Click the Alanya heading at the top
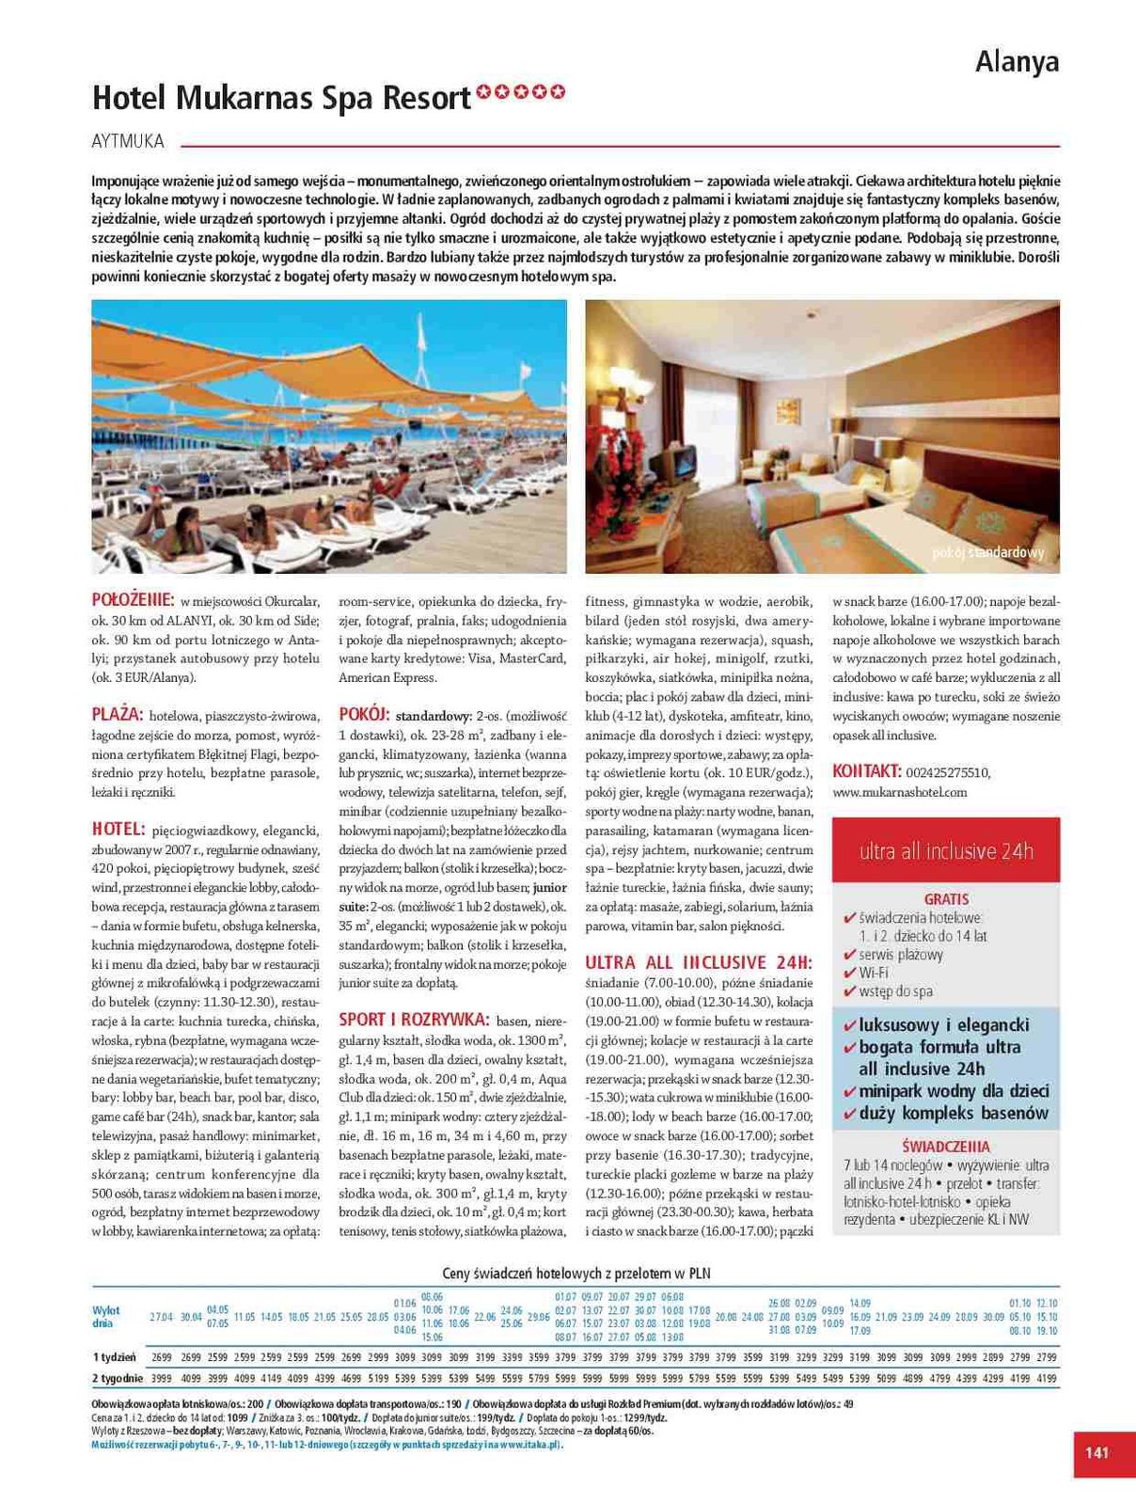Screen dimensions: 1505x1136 click(x=1017, y=62)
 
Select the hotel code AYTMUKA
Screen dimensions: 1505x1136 click(x=128, y=142)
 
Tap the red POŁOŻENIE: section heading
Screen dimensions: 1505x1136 click(x=133, y=600)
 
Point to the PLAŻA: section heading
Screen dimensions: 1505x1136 click(x=118, y=715)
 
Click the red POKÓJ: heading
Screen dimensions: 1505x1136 click(x=364, y=715)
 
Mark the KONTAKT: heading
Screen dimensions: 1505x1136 click(x=867, y=771)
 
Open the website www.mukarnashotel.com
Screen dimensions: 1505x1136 click(x=899, y=792)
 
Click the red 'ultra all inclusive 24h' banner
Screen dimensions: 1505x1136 click(x=945, y=850)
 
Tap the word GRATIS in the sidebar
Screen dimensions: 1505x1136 click(x=946, y=899)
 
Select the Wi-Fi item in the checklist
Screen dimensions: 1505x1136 click(x=874, y=973)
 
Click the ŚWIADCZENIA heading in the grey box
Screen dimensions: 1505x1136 click(x=945, y=1147)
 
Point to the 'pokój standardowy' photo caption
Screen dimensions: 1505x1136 click(x=987, y=553)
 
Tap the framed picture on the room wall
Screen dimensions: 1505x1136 click(x=788, y=411)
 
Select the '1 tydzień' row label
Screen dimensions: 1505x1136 click(x=114, y=1357)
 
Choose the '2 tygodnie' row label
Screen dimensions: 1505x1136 click(x=118, y=1378)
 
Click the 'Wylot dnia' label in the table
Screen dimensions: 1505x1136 click(x=106, y=1317)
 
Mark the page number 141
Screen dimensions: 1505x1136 click(x=1097, y=1452)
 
